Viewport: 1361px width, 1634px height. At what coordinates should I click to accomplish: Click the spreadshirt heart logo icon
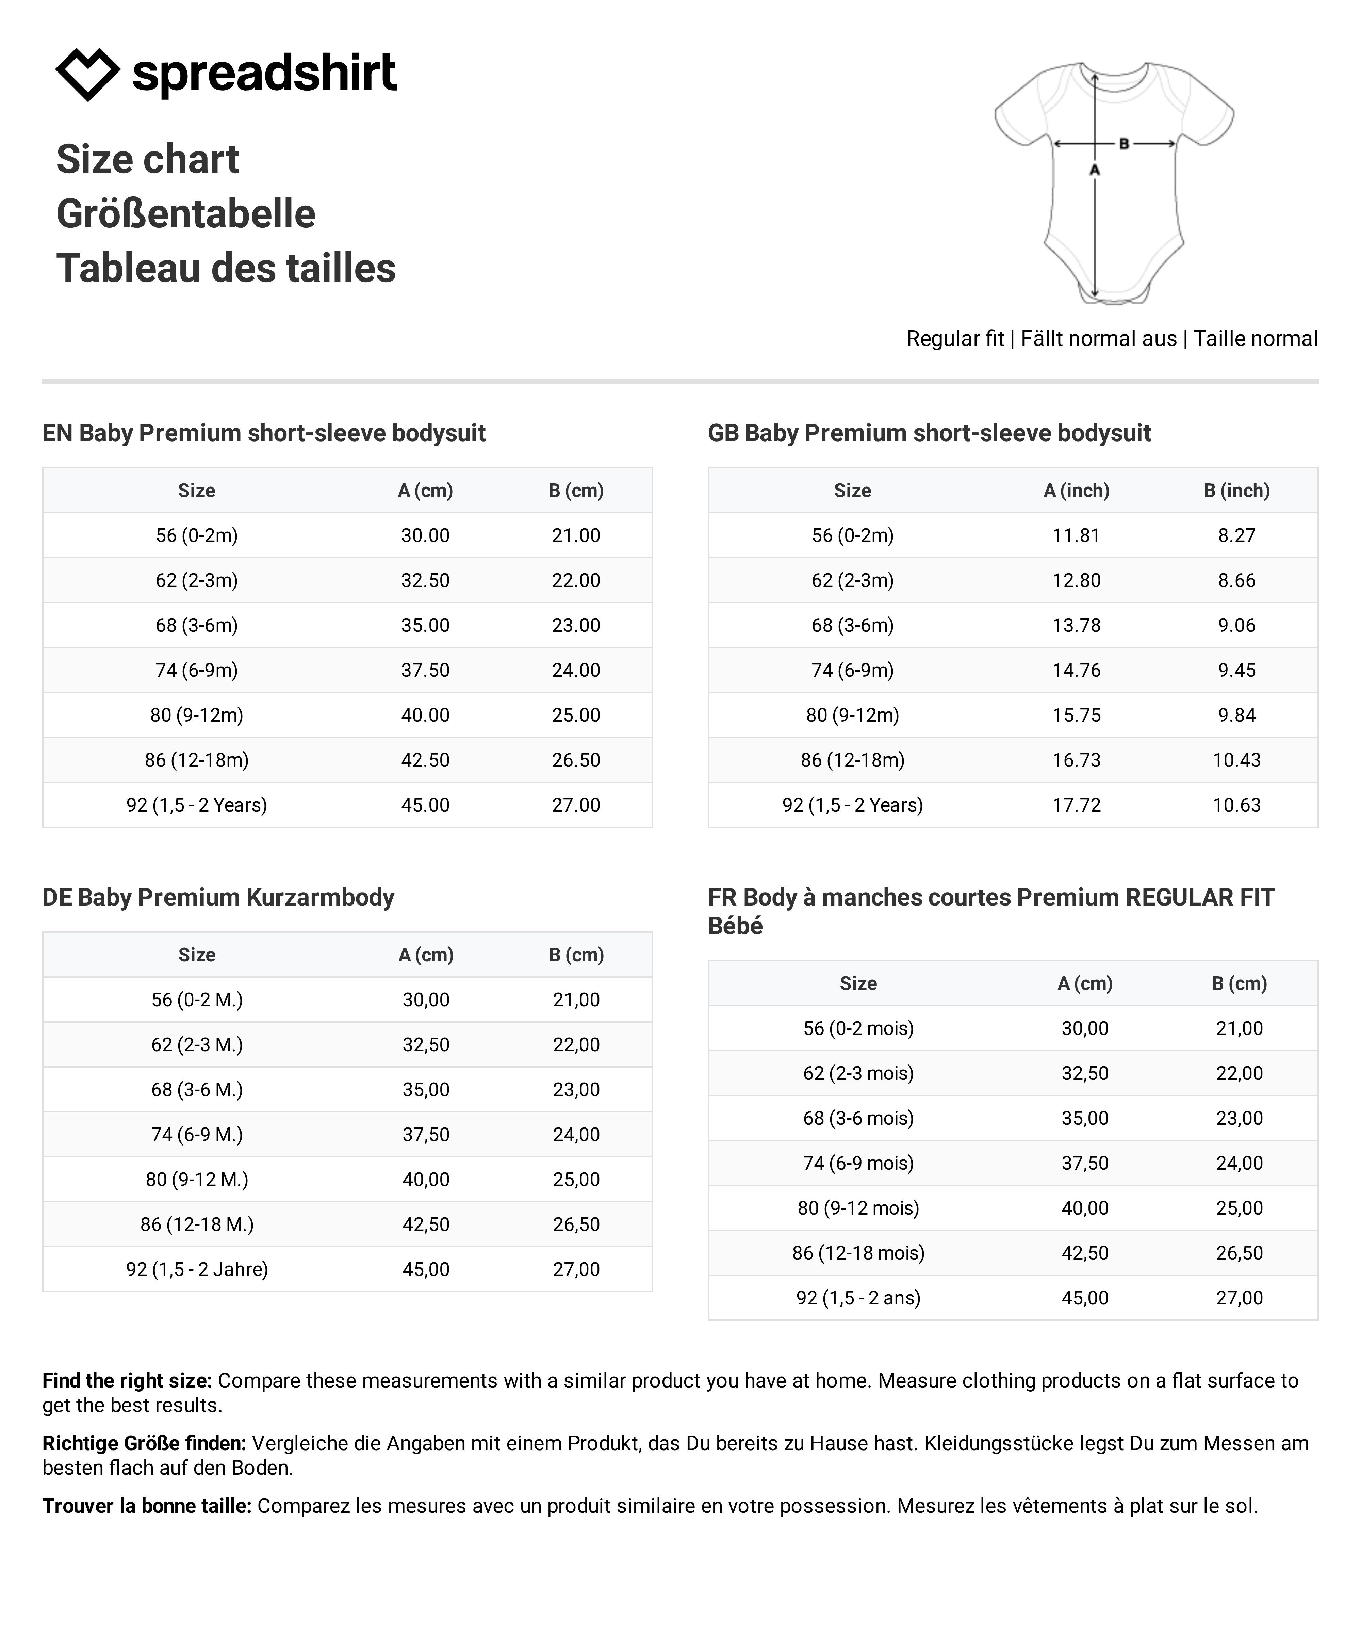[x=87, y=74]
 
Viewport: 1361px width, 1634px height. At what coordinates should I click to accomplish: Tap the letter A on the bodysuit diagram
[x=1094, y=170]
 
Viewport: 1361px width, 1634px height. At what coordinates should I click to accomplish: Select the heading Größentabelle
[x=186, y=214]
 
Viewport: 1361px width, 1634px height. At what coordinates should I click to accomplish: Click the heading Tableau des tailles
[x=226, y=269]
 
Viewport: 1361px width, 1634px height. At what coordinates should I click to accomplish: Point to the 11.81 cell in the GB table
[x=1076, y=535]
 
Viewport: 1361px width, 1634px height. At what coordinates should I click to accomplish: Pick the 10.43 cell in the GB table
[x=1236, y=760]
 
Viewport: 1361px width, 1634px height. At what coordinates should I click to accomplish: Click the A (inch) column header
[x=1076, y=490]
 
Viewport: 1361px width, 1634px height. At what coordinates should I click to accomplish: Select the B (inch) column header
[x=1236, y=490]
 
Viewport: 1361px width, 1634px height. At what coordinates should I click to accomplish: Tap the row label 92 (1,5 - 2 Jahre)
[x=197, y=1269]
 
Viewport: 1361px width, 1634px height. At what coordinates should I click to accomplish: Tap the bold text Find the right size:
[x=127, y=1380]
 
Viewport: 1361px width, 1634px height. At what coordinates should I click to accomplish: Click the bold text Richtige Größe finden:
[x=144, y=1443]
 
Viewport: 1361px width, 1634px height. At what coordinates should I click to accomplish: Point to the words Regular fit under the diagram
[x=955, y=338]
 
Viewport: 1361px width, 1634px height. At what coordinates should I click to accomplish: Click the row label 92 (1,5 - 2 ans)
[x=858, y=1298]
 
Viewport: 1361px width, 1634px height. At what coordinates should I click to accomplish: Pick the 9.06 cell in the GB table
[x=1236, y=625]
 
